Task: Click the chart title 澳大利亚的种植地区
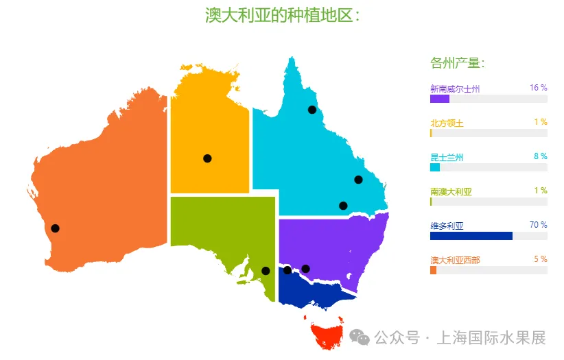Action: pyautogui.click(x=282, y=15)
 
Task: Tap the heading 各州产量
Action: pyautogui.click(x=457, y=64)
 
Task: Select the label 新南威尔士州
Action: pyautogui.click(x=454, y=89)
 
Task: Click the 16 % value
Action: pyautogui.click(x=538, y=88)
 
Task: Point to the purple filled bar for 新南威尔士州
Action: pyautogui.click(x=439, y=99)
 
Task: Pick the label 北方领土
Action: pyautogui.click(x=447, y=123)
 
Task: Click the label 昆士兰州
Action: pyautogui.click(x=447, y=158)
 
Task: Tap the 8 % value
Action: pyautogui.click(x=540, y=156)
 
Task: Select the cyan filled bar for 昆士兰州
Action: pyautogui.click(x=434, y=167)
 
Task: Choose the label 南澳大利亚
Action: pyautogui.click(x=451, y=191)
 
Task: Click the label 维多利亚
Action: pyautogui.click(x=447, y=226)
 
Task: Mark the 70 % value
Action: pyautogui.click(x=538, y=225)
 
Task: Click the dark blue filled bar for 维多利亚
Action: pyautogui.click(x=471, y=236)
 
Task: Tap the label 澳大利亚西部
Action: pyautogui.click(x=455, y=260)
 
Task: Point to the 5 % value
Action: pyautogui.click(x=540, y=259)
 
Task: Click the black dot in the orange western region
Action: pyautogui.click(x=55, y=228)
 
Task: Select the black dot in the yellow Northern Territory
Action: pyautogui.click(x=207, y=158)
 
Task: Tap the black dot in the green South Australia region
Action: pyautogui.click(x=266, y=271)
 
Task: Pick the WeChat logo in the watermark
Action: pyautogui.click(x=359, y=337)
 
